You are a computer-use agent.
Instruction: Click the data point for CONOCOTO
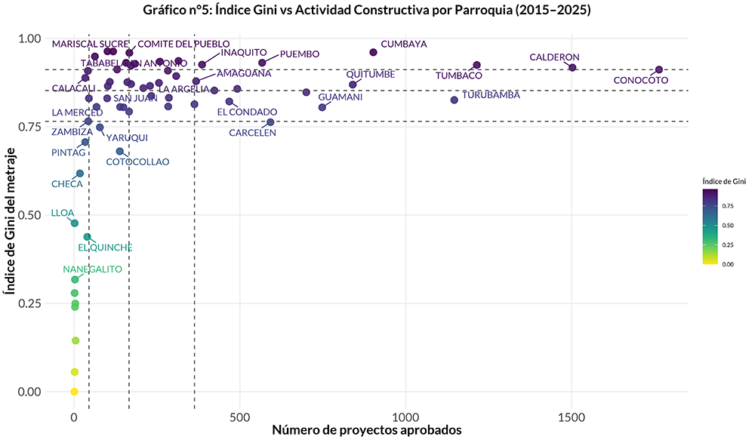pos(659,69)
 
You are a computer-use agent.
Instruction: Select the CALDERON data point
pos(572,67)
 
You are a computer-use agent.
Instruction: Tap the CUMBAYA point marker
pos(373,52)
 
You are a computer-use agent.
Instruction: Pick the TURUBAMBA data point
pos(454,100)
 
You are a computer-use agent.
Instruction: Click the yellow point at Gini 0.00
pos(74,391)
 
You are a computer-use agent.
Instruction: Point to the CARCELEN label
pos(253,133)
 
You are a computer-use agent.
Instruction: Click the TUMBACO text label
pos(458,75)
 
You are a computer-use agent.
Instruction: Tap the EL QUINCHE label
pos(106,248)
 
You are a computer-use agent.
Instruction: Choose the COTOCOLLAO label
pos(137,162)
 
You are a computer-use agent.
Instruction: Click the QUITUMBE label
pos(371,74)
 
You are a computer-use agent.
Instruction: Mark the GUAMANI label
pos(341,97)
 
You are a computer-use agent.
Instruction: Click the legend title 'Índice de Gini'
pos(723,181)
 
